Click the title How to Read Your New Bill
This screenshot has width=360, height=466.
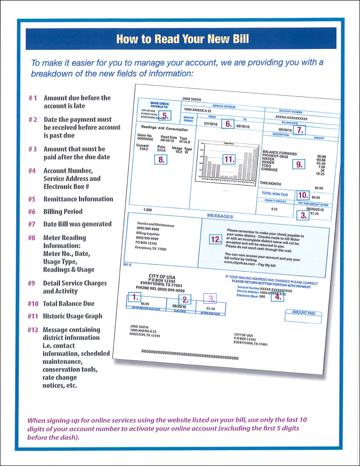[183, 39]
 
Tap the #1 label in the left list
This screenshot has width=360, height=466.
[33, 98]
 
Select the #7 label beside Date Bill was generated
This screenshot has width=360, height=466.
[33, 224]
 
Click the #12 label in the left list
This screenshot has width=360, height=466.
[33, 330]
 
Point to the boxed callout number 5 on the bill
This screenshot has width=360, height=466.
[165, 115]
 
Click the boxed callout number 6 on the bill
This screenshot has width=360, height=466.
[228, 124]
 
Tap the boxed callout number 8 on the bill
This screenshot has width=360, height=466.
[160, 159]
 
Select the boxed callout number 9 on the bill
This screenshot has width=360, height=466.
[299, 164]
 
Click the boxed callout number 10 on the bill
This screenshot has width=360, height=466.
[303, 195]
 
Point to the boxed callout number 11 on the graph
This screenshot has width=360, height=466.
[230, 159]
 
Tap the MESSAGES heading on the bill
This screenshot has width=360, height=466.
[220, 216]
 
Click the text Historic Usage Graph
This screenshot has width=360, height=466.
[73, 316]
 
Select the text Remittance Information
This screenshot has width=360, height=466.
[78, 199]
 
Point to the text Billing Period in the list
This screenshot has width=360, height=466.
[63, 212]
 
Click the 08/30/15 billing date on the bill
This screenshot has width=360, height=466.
[285, 130]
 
